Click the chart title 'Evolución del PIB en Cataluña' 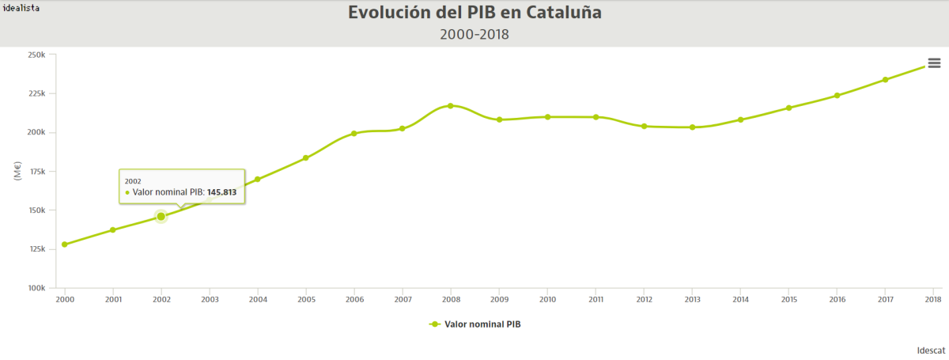[x=475, y=13]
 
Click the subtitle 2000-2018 [x=475, y=34]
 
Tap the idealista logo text [x=22, y=6]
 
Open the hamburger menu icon [x=934, y=63]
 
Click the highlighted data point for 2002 [x=161, y=216]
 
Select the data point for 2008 [x=451, y=105]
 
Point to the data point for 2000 [x=65, y=244]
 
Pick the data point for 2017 [x=885, y=79]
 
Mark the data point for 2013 [x=692, y=127]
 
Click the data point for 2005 [x=306, y=157]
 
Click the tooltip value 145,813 [x=221, y=192]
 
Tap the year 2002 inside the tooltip [x=133, y=181]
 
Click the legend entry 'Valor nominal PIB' [x=482, y=324]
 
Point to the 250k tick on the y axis [x=36, y=55]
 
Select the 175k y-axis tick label [x=36, y=172]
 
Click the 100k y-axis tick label [x=36, y=288]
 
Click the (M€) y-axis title [x=17, y=171]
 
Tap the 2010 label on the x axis [x=547, y=300]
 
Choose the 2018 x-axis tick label [x=933, y=300]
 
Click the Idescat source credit [x=931, y=349]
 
